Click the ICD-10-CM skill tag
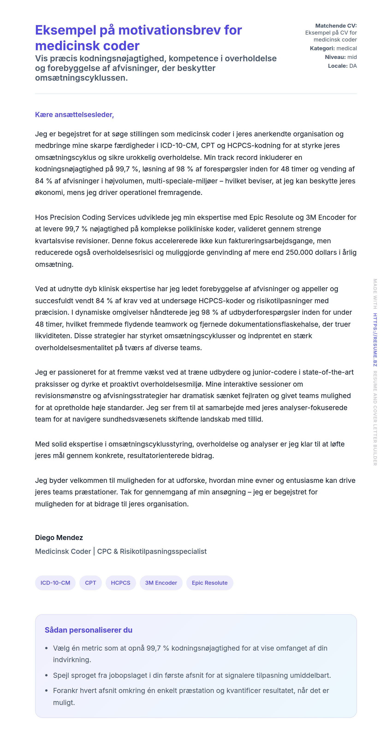55,583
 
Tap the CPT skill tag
90,583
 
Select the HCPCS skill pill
121,583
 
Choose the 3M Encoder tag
161,583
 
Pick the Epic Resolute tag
209,583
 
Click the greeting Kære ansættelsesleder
74,115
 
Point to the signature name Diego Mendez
59,537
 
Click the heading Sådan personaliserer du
88,630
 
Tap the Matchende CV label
336,26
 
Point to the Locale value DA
353,66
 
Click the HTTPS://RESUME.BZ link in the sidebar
375,339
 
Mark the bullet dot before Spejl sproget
46,675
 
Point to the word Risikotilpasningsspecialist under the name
163,551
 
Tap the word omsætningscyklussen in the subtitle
81,78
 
